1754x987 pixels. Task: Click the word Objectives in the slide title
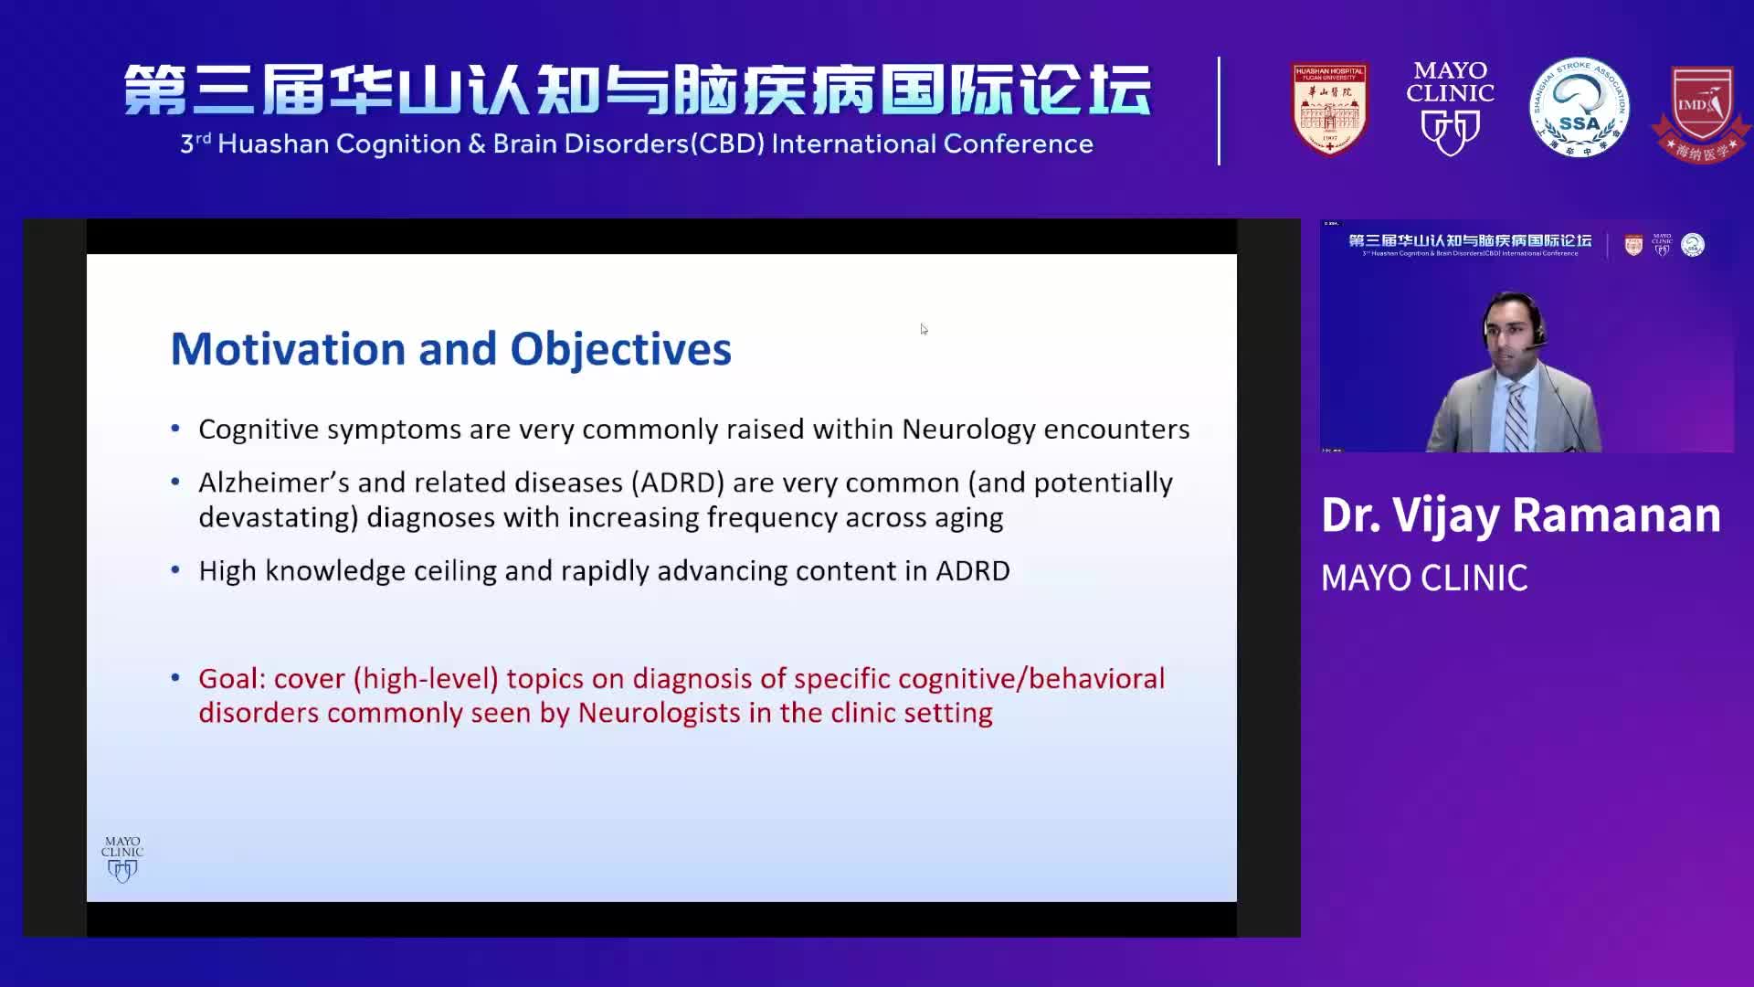click(620, 349)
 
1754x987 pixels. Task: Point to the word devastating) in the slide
click(278, 518)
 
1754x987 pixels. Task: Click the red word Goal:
click(232, 679)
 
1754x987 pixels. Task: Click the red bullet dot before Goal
click(175, 678)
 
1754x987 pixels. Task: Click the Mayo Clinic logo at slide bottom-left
click(122, 858)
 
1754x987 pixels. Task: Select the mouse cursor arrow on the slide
click(924, 329)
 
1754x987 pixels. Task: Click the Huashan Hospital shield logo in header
click(1329, 109)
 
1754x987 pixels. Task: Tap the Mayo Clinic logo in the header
click(1450, 108)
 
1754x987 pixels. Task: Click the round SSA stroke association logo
click(1579, 108)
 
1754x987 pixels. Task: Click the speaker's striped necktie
click(1516, 416)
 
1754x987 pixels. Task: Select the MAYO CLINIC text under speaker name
click(1423, 578)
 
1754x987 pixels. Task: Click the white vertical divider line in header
click(1219, 110)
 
